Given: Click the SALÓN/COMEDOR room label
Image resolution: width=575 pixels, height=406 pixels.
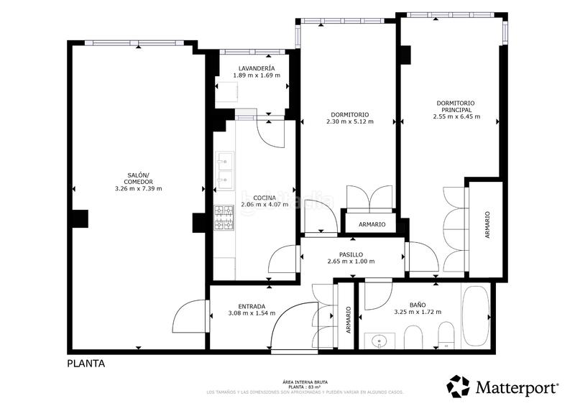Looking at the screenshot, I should (138, 178).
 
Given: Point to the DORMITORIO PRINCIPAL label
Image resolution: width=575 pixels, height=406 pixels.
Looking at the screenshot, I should (456, 106).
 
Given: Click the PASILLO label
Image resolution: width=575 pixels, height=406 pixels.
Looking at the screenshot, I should (351, 254).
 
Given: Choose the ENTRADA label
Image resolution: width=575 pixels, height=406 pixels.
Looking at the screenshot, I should (241, 306).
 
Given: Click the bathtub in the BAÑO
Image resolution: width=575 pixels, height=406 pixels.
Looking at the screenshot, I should (475, 316).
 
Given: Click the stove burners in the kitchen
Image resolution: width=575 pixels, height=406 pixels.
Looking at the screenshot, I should (224, 218).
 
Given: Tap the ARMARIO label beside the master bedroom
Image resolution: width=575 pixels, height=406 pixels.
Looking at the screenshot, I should (487, 225).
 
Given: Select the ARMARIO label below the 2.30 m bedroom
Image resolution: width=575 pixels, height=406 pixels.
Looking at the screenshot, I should (372, 224).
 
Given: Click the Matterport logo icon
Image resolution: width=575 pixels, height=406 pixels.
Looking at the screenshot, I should (458, 387).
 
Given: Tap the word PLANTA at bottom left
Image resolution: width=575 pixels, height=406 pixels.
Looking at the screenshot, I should (86, 364).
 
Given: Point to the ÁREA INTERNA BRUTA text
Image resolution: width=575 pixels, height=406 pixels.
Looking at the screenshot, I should (305, 382).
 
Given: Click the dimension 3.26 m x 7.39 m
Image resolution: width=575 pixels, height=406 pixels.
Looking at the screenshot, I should (138, 189).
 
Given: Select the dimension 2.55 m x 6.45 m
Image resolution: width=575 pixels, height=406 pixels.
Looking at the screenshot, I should (456, 116).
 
